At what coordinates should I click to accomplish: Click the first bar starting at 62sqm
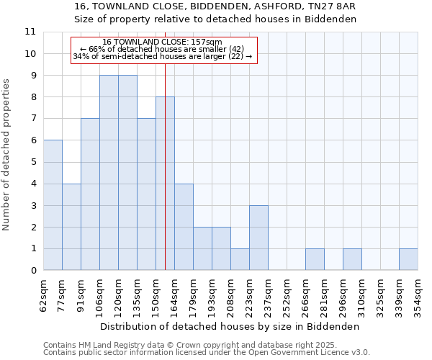[53, 205]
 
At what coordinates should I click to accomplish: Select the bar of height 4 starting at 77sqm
[71, 227]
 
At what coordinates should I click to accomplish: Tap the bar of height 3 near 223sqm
[258, 238]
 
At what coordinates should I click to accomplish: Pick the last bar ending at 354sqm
[408, 260]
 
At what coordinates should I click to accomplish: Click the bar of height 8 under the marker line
[165, 184]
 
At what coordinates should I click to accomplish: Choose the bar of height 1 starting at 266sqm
[315, 260]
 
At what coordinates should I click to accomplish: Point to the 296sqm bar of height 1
[352, 260]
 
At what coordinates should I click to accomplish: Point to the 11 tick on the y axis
[30, 32]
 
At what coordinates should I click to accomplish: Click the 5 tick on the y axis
[32, 162]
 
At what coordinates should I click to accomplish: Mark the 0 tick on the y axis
[32, 271]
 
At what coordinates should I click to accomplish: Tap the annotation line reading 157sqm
[163, 42]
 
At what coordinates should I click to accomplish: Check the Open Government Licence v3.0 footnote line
[207, 353]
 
